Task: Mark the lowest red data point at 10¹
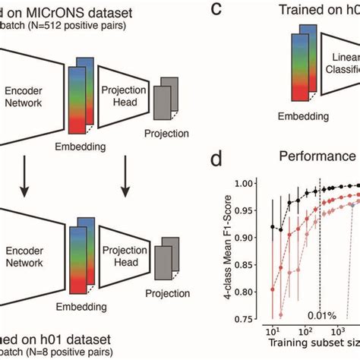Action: pos(273,289)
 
